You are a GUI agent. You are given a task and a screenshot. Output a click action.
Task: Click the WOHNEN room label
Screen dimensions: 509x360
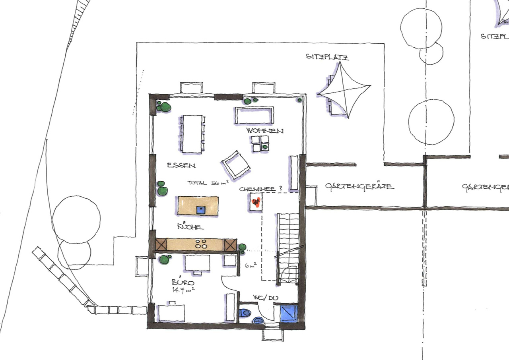click(x=265, y=131)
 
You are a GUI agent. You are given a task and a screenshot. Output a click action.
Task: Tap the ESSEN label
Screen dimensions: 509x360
click(x=181, y=165)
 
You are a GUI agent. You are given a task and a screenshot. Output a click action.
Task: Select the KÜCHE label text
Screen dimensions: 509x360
click(x=190, y=226)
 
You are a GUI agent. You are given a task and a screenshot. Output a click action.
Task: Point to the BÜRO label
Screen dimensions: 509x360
click(x=183, y=281)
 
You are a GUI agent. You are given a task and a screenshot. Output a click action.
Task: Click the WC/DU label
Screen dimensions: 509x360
click(x=265, y=298)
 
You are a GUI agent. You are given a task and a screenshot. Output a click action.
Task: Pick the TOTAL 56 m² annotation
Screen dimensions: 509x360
click(x=208, y=183)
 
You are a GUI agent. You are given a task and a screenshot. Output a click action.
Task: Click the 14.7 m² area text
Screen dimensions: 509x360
click(x=183, y=290)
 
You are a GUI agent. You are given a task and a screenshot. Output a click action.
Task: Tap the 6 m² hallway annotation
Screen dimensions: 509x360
click(x=251, y=265)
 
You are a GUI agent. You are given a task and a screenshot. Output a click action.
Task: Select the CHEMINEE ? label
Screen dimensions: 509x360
click(x=260, y=189)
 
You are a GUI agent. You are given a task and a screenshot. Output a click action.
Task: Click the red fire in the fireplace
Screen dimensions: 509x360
click(x=256, y=201)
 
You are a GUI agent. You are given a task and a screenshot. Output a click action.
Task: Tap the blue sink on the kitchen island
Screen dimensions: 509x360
click(x=201, y=210)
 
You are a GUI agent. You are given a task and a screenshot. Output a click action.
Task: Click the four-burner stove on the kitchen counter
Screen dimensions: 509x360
click(x=201, y=244)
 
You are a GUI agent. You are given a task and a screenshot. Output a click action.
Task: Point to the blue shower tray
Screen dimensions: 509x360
click(x=289, y=313)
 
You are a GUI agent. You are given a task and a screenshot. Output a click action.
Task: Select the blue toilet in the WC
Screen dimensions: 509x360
click(x=245, y=313)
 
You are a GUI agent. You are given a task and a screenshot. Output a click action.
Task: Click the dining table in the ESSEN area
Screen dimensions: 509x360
click(x=192, y=134)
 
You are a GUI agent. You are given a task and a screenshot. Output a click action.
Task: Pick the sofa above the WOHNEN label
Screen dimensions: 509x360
click(x=254, y=116)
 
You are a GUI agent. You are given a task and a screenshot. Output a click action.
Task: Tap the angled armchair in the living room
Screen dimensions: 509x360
click(x=236, y=164)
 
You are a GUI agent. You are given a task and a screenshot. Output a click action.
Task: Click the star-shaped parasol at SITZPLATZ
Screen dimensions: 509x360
click(x=344, y=90)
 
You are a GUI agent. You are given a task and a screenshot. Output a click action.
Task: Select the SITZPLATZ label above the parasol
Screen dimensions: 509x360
click(x=327, y=57)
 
